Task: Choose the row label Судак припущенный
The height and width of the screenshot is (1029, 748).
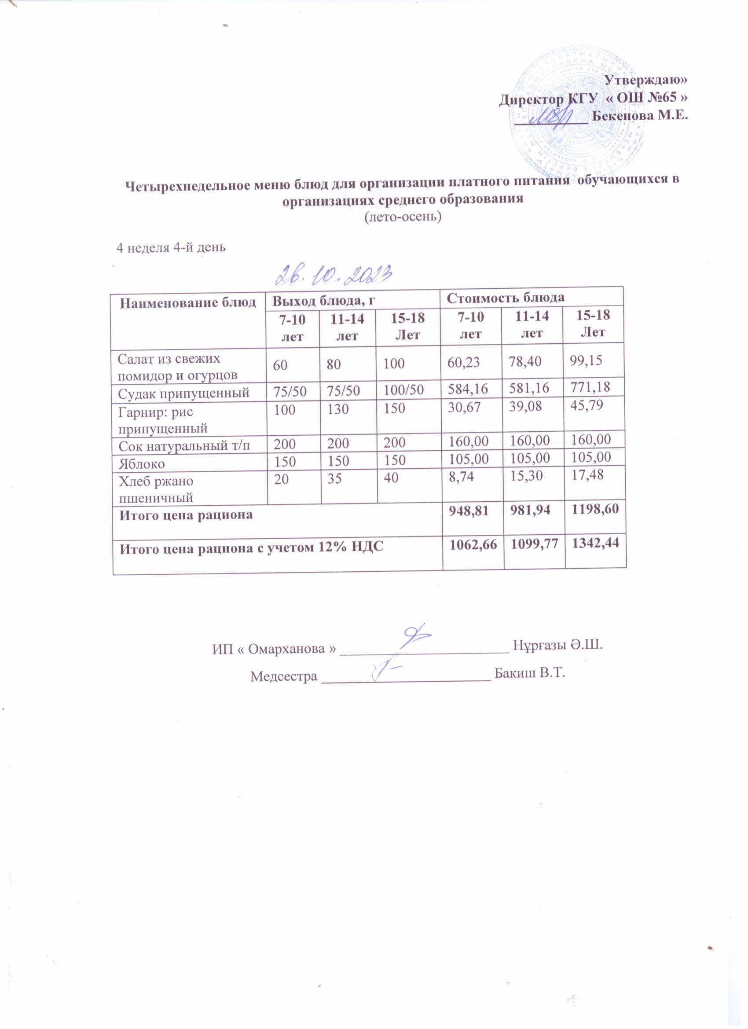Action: pyautogui.click(x=184, y=393)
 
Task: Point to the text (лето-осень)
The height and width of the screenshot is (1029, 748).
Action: pyautogui.click(x=403, y=218)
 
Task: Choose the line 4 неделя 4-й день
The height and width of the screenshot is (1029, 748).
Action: pyautogui.click(x=171, y=248)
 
